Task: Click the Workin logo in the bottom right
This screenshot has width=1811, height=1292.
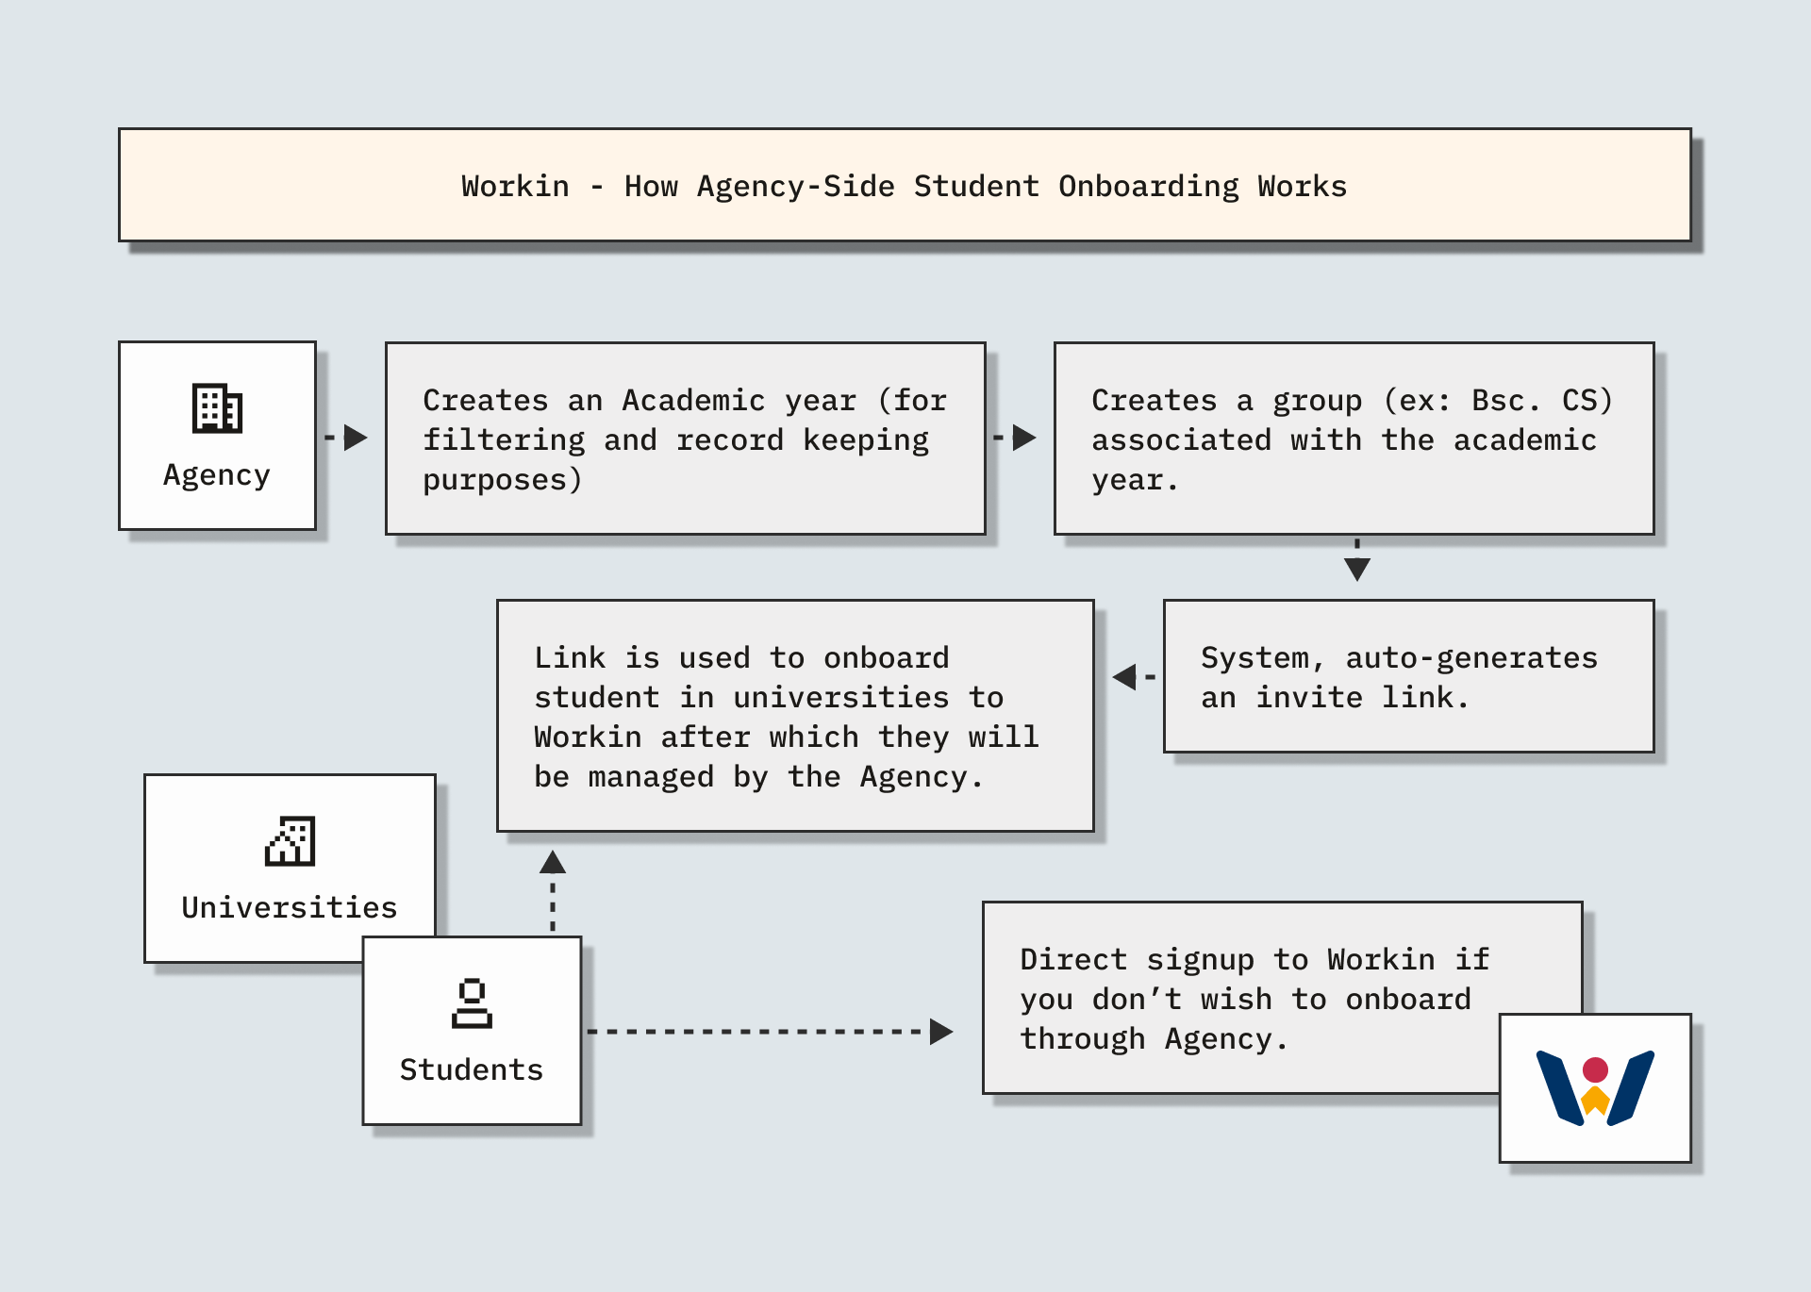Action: [1595, 1087]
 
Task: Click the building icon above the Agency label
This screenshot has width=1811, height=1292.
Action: [217, 408]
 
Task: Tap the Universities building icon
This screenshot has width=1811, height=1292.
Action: [290, 840]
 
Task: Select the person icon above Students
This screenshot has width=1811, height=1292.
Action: [472, 1003]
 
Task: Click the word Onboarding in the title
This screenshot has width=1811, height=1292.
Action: [1148, 187]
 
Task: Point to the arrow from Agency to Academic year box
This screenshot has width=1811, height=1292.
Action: [353, 438]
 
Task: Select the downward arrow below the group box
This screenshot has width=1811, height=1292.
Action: [1356, 568]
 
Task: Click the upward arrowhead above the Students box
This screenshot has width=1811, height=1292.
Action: [553, 862]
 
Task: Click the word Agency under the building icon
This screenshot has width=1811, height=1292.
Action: [217, 474]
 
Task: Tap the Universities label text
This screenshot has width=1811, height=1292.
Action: [290, 907]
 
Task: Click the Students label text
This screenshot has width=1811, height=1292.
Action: [472, 1069]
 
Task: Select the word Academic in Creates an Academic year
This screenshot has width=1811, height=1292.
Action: [693, 401]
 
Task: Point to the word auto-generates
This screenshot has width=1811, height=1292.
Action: [1470, 658]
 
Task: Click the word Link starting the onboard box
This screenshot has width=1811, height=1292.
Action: [570, 658]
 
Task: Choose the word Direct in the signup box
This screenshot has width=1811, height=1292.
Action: [1073, 960]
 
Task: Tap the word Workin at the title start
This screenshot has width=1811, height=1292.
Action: [515, 187]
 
